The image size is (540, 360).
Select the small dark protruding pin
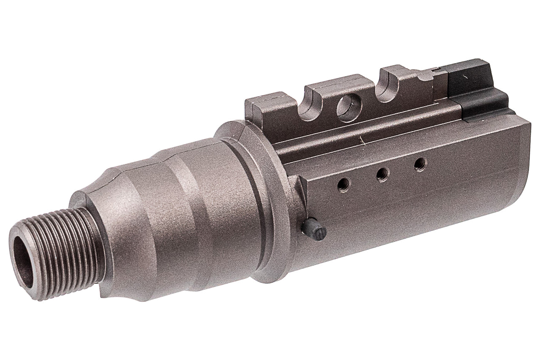point(314,230)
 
